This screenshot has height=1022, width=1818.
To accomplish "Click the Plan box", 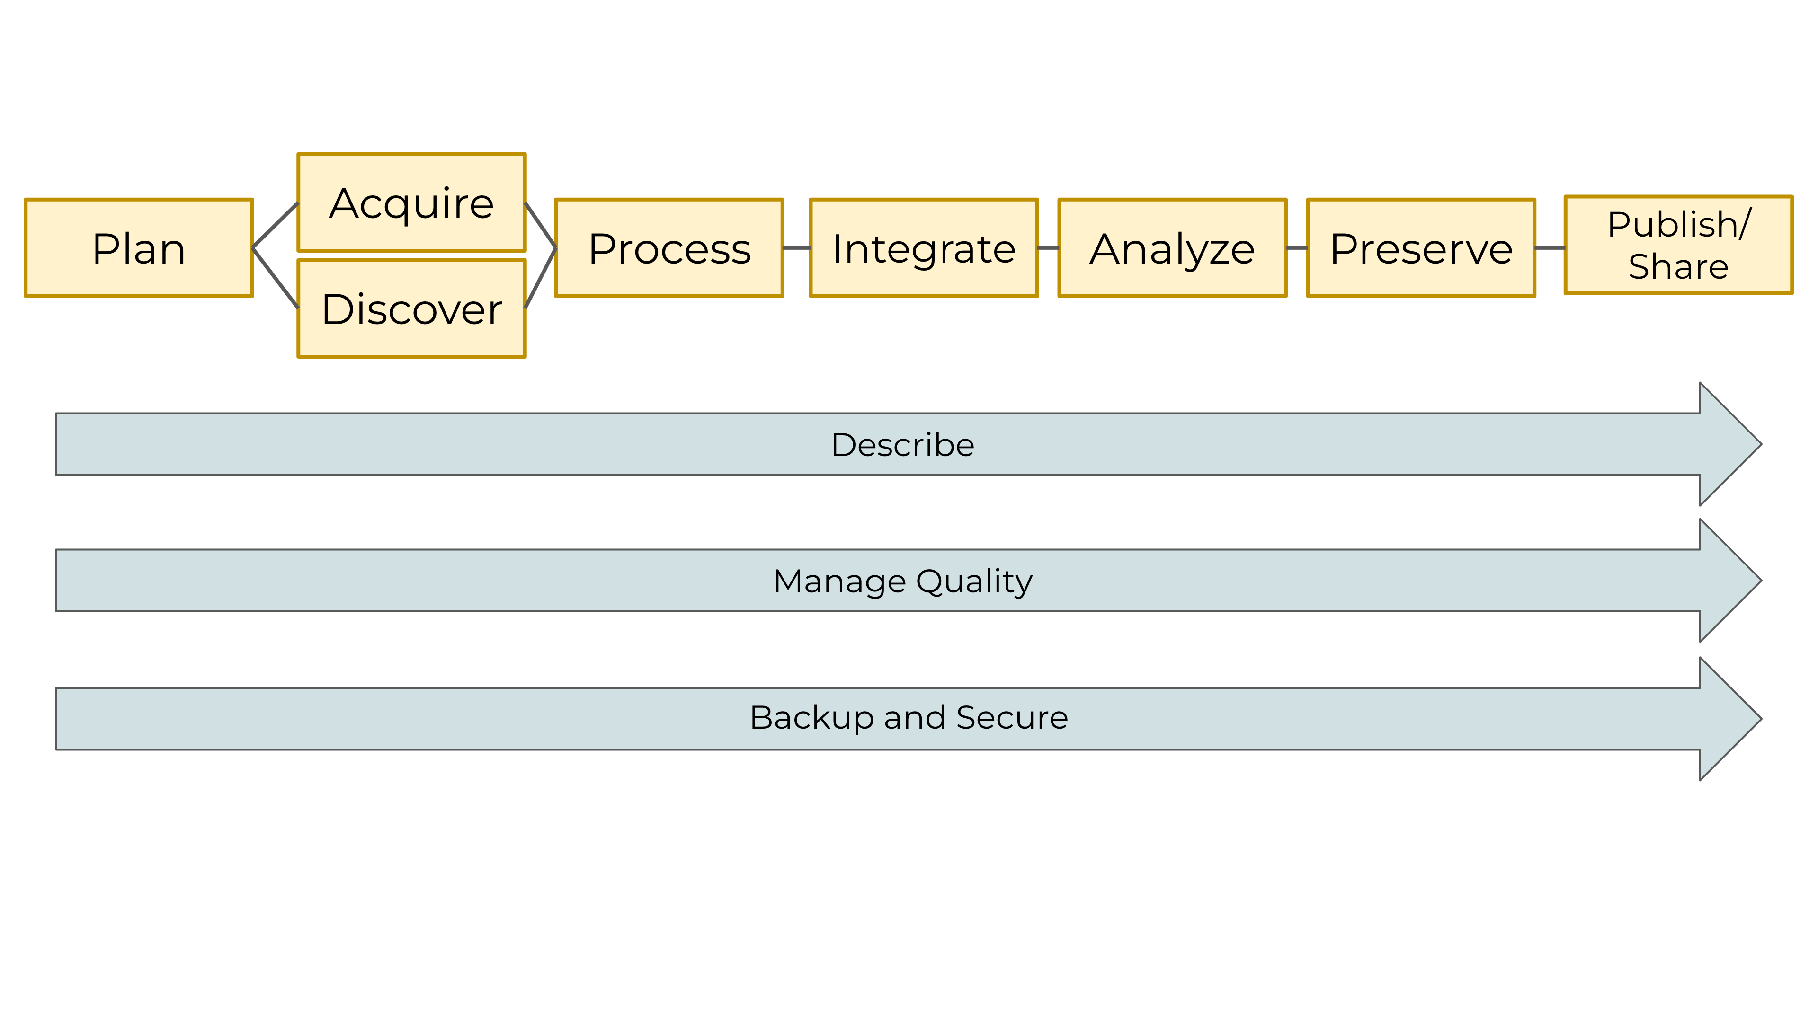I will pos(139,248).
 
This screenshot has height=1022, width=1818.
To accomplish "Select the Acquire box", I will pos(411,203).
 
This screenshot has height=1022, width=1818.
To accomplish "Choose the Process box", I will pos(669,248).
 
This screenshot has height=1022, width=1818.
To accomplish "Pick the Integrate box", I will pos(924,248).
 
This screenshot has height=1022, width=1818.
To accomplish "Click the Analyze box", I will pos(1172,248).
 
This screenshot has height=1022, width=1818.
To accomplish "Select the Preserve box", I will pos(1421,248).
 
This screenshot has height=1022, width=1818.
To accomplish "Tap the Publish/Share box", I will pos(1678,245).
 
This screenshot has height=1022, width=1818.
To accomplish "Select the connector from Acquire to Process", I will pos(541,226).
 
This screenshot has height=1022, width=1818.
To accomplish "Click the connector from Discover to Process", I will pos(541,278).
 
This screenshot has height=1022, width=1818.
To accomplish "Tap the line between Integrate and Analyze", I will pos(1048,247).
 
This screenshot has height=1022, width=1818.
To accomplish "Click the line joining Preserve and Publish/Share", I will pos(1550,247).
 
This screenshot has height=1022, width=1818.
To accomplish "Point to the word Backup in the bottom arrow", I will pos(811,718).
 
